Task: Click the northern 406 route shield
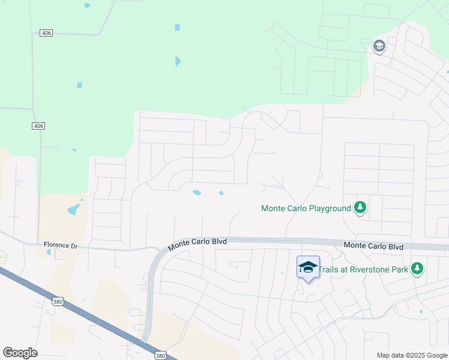point(46,32)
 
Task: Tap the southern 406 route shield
point(39,126)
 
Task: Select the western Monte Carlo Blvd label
point(197,243)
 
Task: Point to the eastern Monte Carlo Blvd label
point(373,246)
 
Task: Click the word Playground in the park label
point(330,209)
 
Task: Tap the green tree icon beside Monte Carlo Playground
point(360,208)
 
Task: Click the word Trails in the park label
point(328,269)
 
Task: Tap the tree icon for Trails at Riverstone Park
point(417,268)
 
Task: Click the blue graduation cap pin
point(308,266)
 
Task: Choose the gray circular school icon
point(379,46)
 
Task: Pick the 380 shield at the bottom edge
point(160,355)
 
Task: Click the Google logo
point(20,353)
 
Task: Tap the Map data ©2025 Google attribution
point(411,355)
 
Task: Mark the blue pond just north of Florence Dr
point(74,209)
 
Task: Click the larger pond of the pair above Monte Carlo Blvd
point(196,193)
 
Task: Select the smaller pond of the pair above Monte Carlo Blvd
point(221,193)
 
